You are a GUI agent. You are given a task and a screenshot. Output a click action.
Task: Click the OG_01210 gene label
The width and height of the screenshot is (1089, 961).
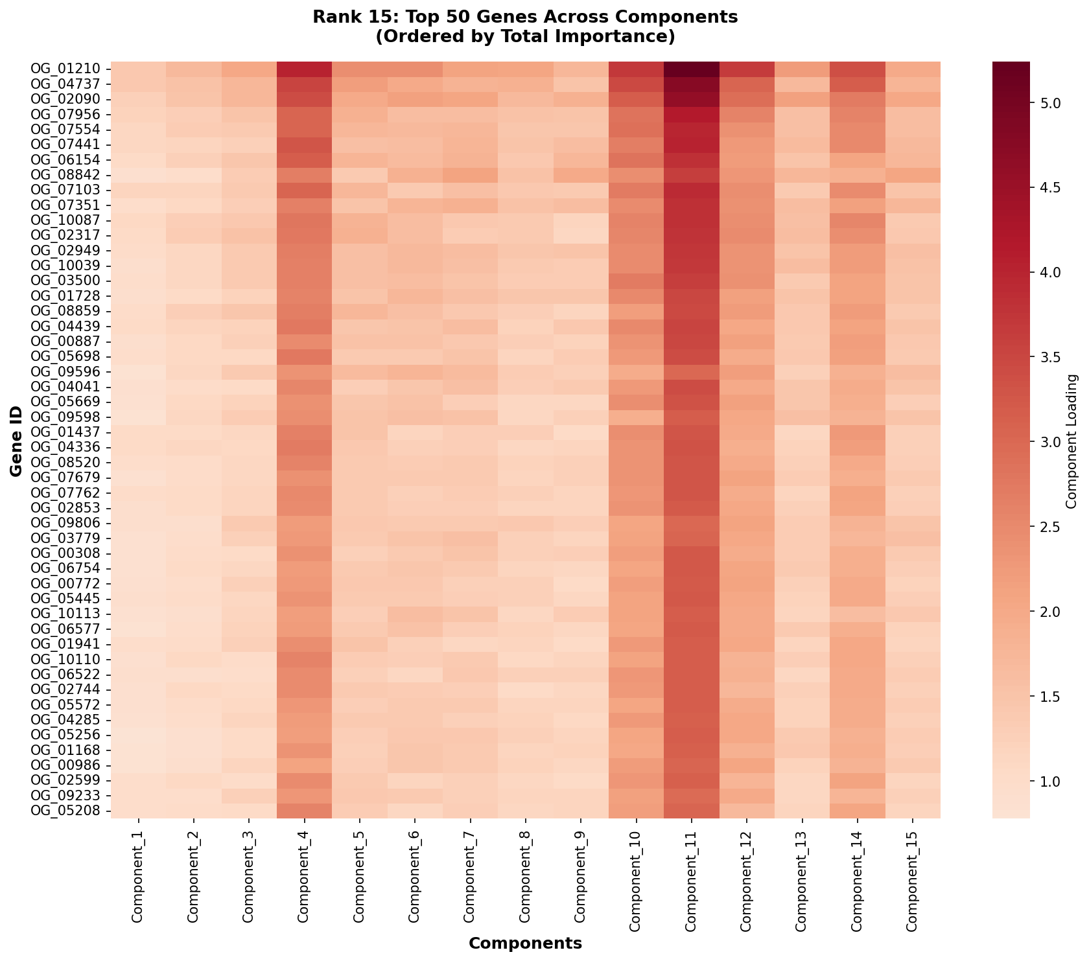click(x=65, y=69)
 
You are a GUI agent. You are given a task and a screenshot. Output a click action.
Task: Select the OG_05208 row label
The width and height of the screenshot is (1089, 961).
click(x=65, y=811)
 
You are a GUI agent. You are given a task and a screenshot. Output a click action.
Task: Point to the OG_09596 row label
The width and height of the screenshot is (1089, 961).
click(x=65, y=371)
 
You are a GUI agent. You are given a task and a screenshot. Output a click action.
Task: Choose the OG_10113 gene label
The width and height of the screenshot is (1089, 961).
click(x=65, y=614)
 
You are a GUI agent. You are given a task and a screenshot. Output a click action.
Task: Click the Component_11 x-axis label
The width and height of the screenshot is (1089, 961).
click(x=691, y=875)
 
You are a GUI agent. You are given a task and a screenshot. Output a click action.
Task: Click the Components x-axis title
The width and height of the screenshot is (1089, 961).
click(x=525, y=944)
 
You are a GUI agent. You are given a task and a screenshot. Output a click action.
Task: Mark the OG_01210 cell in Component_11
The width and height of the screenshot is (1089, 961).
click(x=691, y=69)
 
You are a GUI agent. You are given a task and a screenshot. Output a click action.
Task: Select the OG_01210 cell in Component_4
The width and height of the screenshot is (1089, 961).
click(x=304, y=69)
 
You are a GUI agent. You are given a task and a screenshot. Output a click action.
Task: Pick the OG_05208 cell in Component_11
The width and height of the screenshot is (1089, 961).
click(x=691, y=811)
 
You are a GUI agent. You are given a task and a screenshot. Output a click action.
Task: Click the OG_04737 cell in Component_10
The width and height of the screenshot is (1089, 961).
click(x=636, y=84)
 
